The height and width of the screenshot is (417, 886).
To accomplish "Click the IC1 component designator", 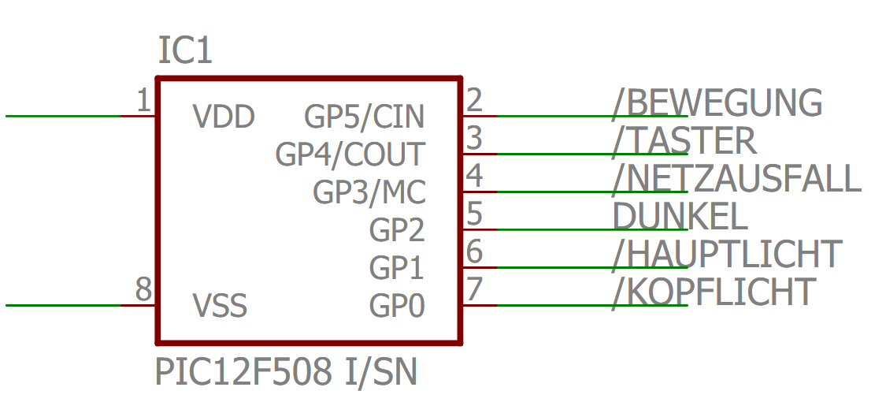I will tap(186, 52).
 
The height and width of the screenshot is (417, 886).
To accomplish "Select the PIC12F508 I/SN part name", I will tap(286, 372).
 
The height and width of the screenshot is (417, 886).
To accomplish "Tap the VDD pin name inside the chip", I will tap(224, 117).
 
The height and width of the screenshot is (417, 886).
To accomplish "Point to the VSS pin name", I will tap(220, 306).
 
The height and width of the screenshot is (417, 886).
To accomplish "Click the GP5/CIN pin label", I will tap(365, 117).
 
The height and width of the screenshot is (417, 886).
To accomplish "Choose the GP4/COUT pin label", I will tap(350, 155).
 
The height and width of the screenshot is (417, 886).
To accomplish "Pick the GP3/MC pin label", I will tap(369, 192).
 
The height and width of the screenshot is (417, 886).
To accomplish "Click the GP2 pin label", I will tap(397, 230).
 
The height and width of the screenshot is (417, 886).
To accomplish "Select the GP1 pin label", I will tap(397, 268).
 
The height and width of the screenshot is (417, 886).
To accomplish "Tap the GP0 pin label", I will tap(397, 306).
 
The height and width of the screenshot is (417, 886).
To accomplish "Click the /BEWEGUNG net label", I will tap(717, 103).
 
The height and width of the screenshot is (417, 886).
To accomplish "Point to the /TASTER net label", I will tap(684, 141).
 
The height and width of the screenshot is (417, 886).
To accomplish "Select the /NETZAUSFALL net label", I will tap(736, 179).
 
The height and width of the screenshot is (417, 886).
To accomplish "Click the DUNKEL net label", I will tap(680, 216).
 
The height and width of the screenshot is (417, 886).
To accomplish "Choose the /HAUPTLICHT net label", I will tap(727, 254).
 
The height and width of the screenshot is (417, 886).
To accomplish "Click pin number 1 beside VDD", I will tap(143, 101).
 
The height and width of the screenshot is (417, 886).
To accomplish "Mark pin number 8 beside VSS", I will tap(143, 289).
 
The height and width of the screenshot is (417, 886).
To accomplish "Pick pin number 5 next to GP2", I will tap(474, 214).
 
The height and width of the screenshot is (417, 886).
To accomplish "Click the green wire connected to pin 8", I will tap(63, 305).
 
